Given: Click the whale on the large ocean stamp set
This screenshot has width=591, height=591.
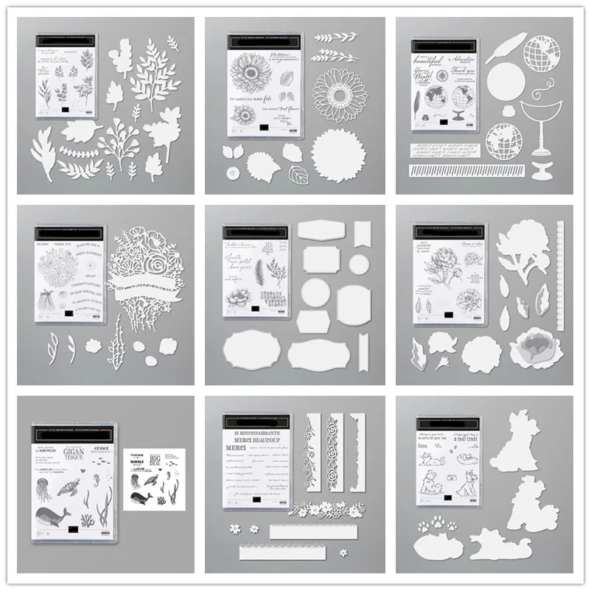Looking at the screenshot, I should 55,519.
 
